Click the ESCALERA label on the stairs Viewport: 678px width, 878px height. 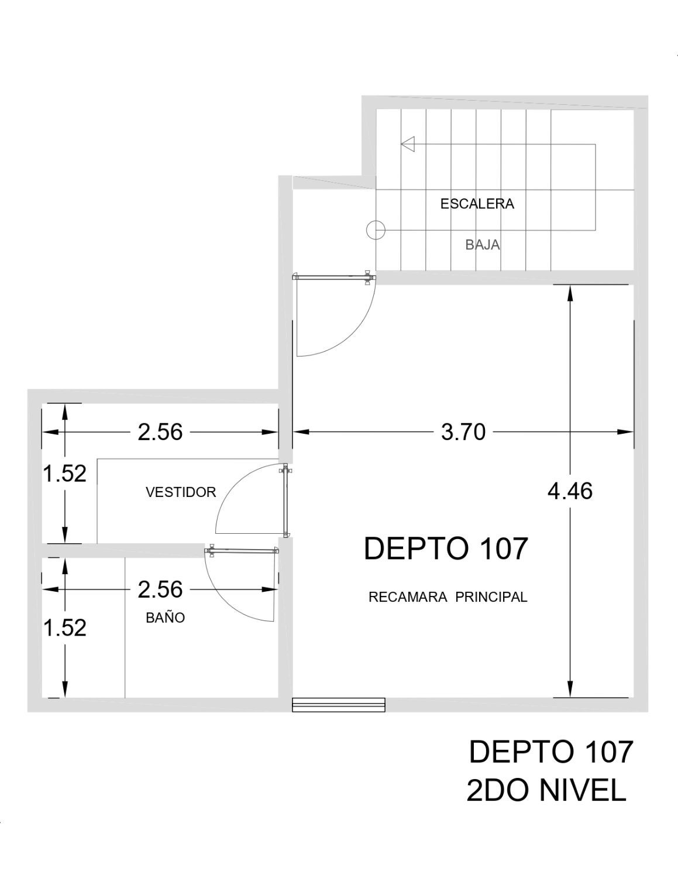click(x=477, y=204)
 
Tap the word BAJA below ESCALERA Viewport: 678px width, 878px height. click(x=483, y=245)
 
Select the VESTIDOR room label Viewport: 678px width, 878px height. click(x=181, y=492)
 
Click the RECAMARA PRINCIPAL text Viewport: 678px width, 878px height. click(x=448, y=597)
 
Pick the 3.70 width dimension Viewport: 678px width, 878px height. click(x=463, y=432)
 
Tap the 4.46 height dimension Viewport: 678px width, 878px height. click(x=570, y=491)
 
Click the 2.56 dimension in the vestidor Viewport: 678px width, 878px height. click(x=160, y=432)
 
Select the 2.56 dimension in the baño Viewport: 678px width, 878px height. click(x=160, y=589)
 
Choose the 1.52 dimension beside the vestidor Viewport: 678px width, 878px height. click(x=64, y=474)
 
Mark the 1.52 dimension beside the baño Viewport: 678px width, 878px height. click(x=64, y=628)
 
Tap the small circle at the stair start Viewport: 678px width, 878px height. click(x=376, y=230)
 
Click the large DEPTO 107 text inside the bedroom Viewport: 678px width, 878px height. click(x=446, y=548)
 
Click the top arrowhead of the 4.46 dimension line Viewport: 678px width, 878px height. click(x=570, y=294)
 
